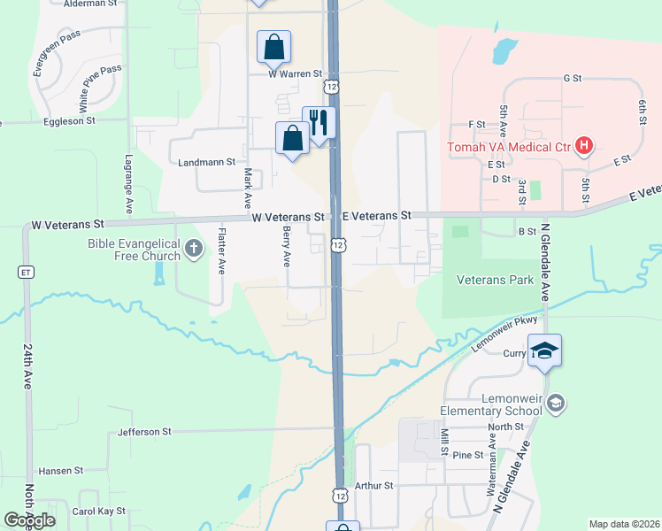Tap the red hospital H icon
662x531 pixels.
click(584, 145)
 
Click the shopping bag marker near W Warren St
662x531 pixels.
click(274, 47)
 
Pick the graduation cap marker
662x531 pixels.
click(545, 350)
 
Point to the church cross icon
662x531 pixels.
click(195, 251)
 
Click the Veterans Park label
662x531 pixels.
click(495, 280)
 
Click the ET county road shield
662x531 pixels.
click(27, 272)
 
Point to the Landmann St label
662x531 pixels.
click(206, 162)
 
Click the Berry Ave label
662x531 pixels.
click(286, 246)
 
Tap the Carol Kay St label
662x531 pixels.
click(99, 512)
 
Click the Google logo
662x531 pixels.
click(30, 519)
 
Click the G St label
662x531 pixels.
click(572, 78)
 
